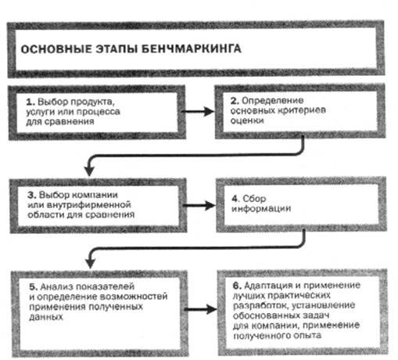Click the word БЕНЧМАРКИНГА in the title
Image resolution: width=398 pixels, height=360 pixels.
pyautogui.click(x=192, y=49)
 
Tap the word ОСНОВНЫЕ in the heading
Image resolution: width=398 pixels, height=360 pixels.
pyautogui.click(x=56, y=49)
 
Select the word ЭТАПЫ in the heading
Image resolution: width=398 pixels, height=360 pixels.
pyautogui.click(x=117, y=49)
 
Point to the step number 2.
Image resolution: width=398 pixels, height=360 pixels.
pyautogui.click(x=235, y=101)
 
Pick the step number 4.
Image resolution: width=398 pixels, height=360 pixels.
pyautogui.click(x=235, y=199)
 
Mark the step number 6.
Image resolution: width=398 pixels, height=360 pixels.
pyautogui.click(x=237, y=286)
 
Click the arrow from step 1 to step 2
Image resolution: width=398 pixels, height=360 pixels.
pyautogui.click(x=198, y=112)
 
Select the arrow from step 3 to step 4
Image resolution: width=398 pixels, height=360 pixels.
pyautogui.click(x=199, y=205)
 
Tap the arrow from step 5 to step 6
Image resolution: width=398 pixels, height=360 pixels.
pyautogui.click(x=200, y=309)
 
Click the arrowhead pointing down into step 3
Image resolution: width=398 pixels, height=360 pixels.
pyautogui.click(x=89, y=171)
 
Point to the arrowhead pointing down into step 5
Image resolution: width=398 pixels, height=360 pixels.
pyautogui.click(x=90, y=263)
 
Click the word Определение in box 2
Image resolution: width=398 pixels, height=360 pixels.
pyautogui.click(x=273, y=101)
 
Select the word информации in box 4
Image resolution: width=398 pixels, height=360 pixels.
pyautogui.click(x=261, y=208)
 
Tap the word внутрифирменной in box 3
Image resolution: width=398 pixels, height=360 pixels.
pyautogui.click(x=88, y=205)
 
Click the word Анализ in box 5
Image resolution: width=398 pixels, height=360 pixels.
pyautogui.click(x=56, y=286)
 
